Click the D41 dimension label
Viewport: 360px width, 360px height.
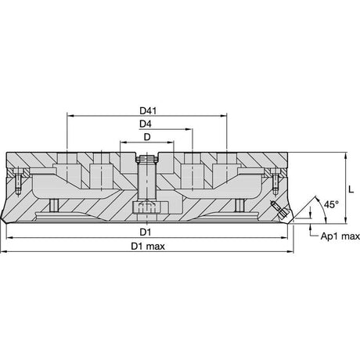[148, 111]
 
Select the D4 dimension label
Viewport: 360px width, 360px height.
[146, 124]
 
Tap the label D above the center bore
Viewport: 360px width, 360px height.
[147, 137]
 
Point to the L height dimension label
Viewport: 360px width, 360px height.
[351, 189]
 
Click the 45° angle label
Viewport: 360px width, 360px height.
[331, 204]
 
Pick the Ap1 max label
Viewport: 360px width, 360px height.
[340, 236]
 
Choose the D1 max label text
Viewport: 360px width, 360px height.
[148, 247]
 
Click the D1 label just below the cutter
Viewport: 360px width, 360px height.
[146, 232]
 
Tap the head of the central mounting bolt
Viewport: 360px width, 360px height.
[147, 158]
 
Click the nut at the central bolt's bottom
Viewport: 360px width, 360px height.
[147, 208]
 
